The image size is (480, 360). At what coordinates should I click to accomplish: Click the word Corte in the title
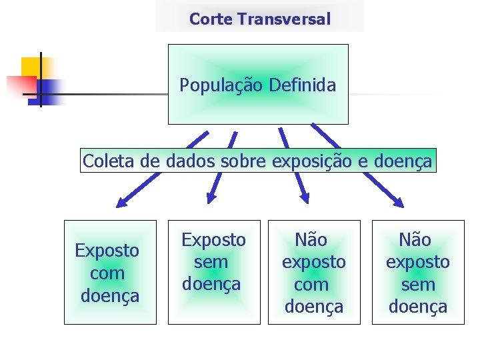211,19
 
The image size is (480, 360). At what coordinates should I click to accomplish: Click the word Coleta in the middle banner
105,161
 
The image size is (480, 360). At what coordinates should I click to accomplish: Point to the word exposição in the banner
303,161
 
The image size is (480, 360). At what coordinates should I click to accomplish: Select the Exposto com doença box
110,272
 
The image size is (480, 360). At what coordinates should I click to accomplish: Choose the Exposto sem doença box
214,272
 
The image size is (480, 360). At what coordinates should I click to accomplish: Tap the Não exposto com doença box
314,272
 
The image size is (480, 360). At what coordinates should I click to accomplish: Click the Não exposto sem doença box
418,272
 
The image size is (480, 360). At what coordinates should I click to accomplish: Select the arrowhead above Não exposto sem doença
397,203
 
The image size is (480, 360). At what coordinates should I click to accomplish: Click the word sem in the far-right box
418,285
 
